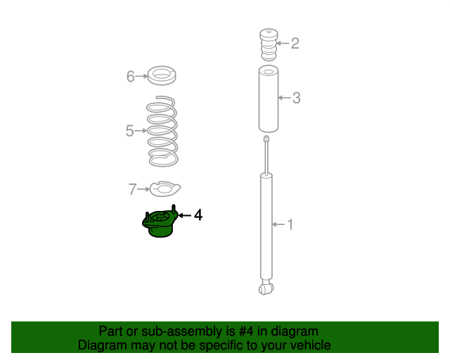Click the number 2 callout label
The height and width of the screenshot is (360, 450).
(295, 44)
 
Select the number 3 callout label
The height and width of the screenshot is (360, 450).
(297, 98)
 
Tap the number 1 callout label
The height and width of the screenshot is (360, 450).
(290, 224)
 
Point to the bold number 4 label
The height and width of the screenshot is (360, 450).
(198, 215)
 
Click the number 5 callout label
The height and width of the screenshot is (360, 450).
(129, 131)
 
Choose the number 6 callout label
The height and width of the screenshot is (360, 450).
(131, 77)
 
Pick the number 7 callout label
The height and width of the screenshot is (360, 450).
(132, 189)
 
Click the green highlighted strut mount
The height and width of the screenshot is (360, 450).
(160, 221)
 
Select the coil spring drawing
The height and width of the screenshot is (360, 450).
(162, 131)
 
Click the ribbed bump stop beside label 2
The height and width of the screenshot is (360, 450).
(269, 45)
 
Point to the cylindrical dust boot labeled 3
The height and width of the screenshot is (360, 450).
(269, 99)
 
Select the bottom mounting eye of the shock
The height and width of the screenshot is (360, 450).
(266, 288)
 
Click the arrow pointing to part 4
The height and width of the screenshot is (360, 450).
(184, 215)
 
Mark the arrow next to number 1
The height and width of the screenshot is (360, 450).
(278, 224)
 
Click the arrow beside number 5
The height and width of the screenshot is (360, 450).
(141, 131)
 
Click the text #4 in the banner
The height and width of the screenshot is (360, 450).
(246, 331)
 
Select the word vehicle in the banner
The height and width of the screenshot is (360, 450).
(314, 345)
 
